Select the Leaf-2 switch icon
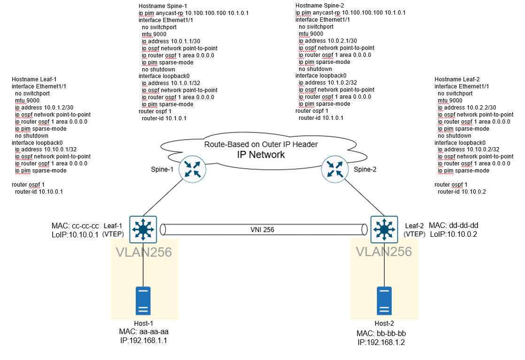pos(385,229)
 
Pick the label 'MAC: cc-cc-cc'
pos(76,225)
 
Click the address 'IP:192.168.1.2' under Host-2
pos(381,342)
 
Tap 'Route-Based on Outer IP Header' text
pos(261,144)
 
